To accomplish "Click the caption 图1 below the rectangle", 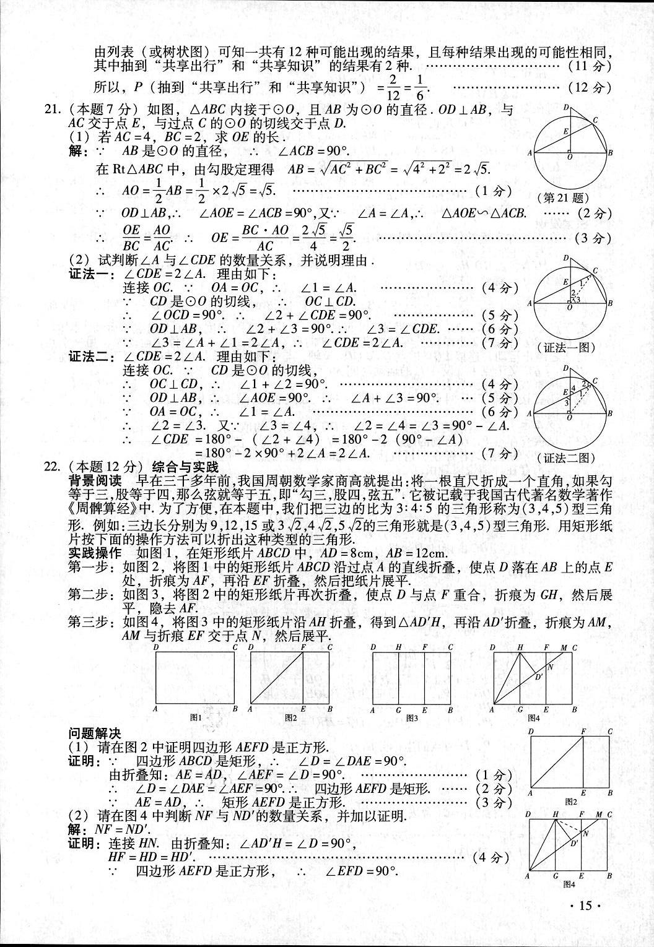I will (x=196, y=717).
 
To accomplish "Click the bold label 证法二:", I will (x=91, y=357).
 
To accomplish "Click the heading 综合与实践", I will (x=184, y=466).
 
